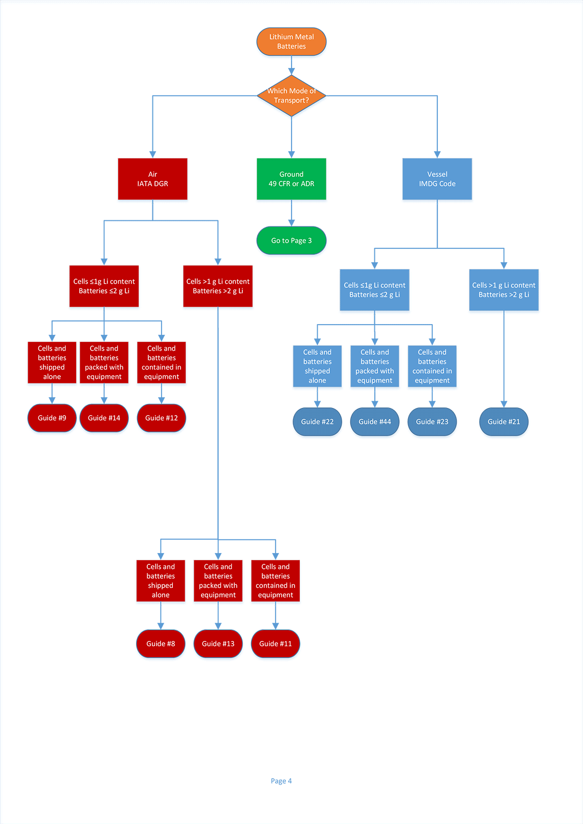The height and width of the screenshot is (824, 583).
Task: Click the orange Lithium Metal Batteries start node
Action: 291,41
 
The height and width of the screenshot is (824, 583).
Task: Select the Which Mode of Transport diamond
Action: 291,96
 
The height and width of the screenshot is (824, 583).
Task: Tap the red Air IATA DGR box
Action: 152,179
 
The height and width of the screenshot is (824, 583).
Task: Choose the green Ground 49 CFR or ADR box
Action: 291,179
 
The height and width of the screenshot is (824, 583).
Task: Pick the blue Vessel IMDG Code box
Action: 437,179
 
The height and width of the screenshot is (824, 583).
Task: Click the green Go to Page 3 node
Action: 291,240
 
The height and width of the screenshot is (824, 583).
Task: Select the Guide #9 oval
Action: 52,418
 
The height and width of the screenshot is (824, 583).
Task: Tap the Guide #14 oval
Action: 104,418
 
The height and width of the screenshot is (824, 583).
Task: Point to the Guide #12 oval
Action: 161,418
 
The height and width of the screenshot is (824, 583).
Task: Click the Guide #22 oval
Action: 317,422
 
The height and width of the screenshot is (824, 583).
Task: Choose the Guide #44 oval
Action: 375,422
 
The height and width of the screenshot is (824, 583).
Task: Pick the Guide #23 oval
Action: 432,422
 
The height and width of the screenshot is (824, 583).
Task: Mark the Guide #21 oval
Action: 504,422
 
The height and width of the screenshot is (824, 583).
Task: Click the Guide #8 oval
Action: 161,644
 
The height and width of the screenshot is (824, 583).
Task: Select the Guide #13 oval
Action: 218,644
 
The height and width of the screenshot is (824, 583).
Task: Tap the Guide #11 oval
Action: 275,644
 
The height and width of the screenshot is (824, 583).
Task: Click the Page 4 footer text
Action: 281,781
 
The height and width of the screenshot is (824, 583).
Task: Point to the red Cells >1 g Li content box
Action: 218,286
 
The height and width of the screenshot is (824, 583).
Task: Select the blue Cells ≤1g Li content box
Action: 374,290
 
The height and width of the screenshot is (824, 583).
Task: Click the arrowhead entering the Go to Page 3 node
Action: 291,223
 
